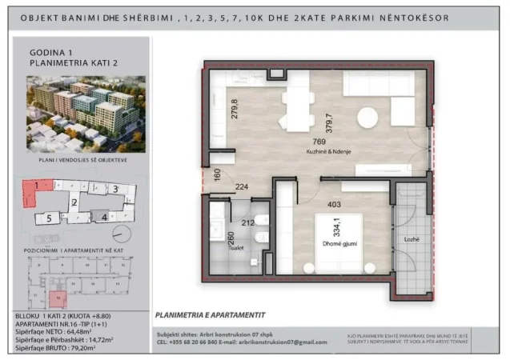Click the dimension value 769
(319, 142)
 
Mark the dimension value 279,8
(235, 108)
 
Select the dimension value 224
(242, 189)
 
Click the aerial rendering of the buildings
(86, 113)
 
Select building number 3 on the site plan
(116, 189)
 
